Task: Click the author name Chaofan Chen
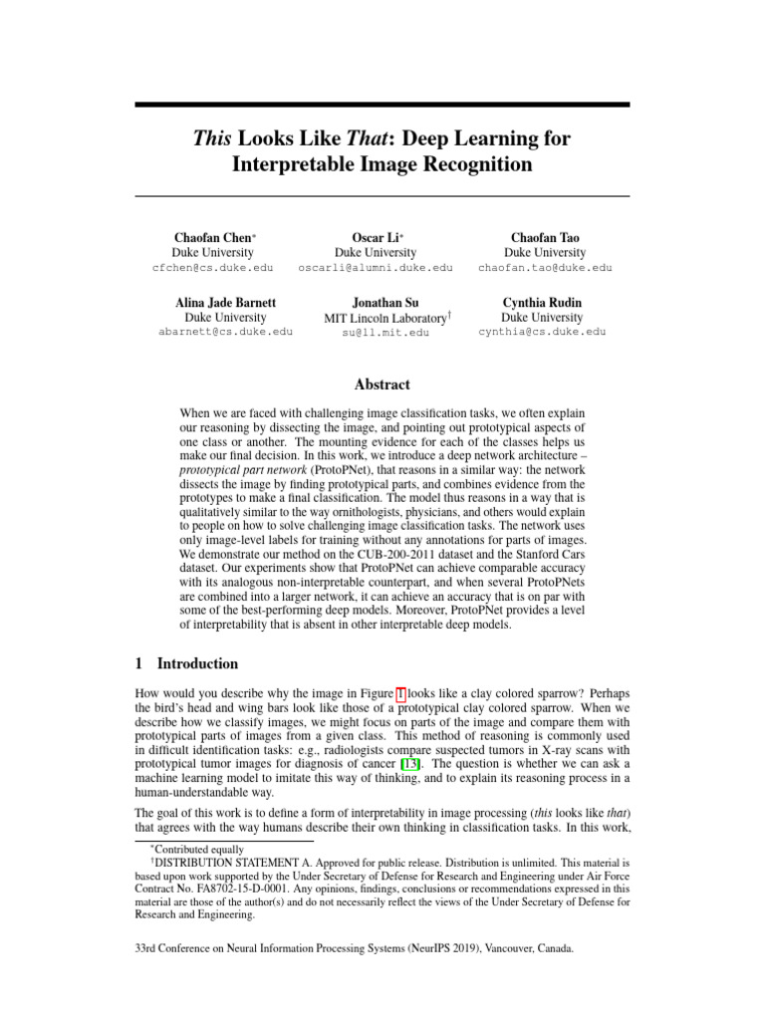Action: click(213, 238)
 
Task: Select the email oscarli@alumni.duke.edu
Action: click(376, 268)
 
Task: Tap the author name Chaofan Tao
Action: click(545, 238)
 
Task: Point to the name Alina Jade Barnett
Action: click(225, 301)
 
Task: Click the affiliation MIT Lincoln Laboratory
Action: click(383, 317)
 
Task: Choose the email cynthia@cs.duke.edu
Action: click(542, 332)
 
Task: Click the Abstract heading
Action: click(382, 384)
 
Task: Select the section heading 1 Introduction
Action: click(185, 664)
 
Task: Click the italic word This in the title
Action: click(215, 137)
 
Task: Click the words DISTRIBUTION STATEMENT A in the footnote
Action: click(230, 863)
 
